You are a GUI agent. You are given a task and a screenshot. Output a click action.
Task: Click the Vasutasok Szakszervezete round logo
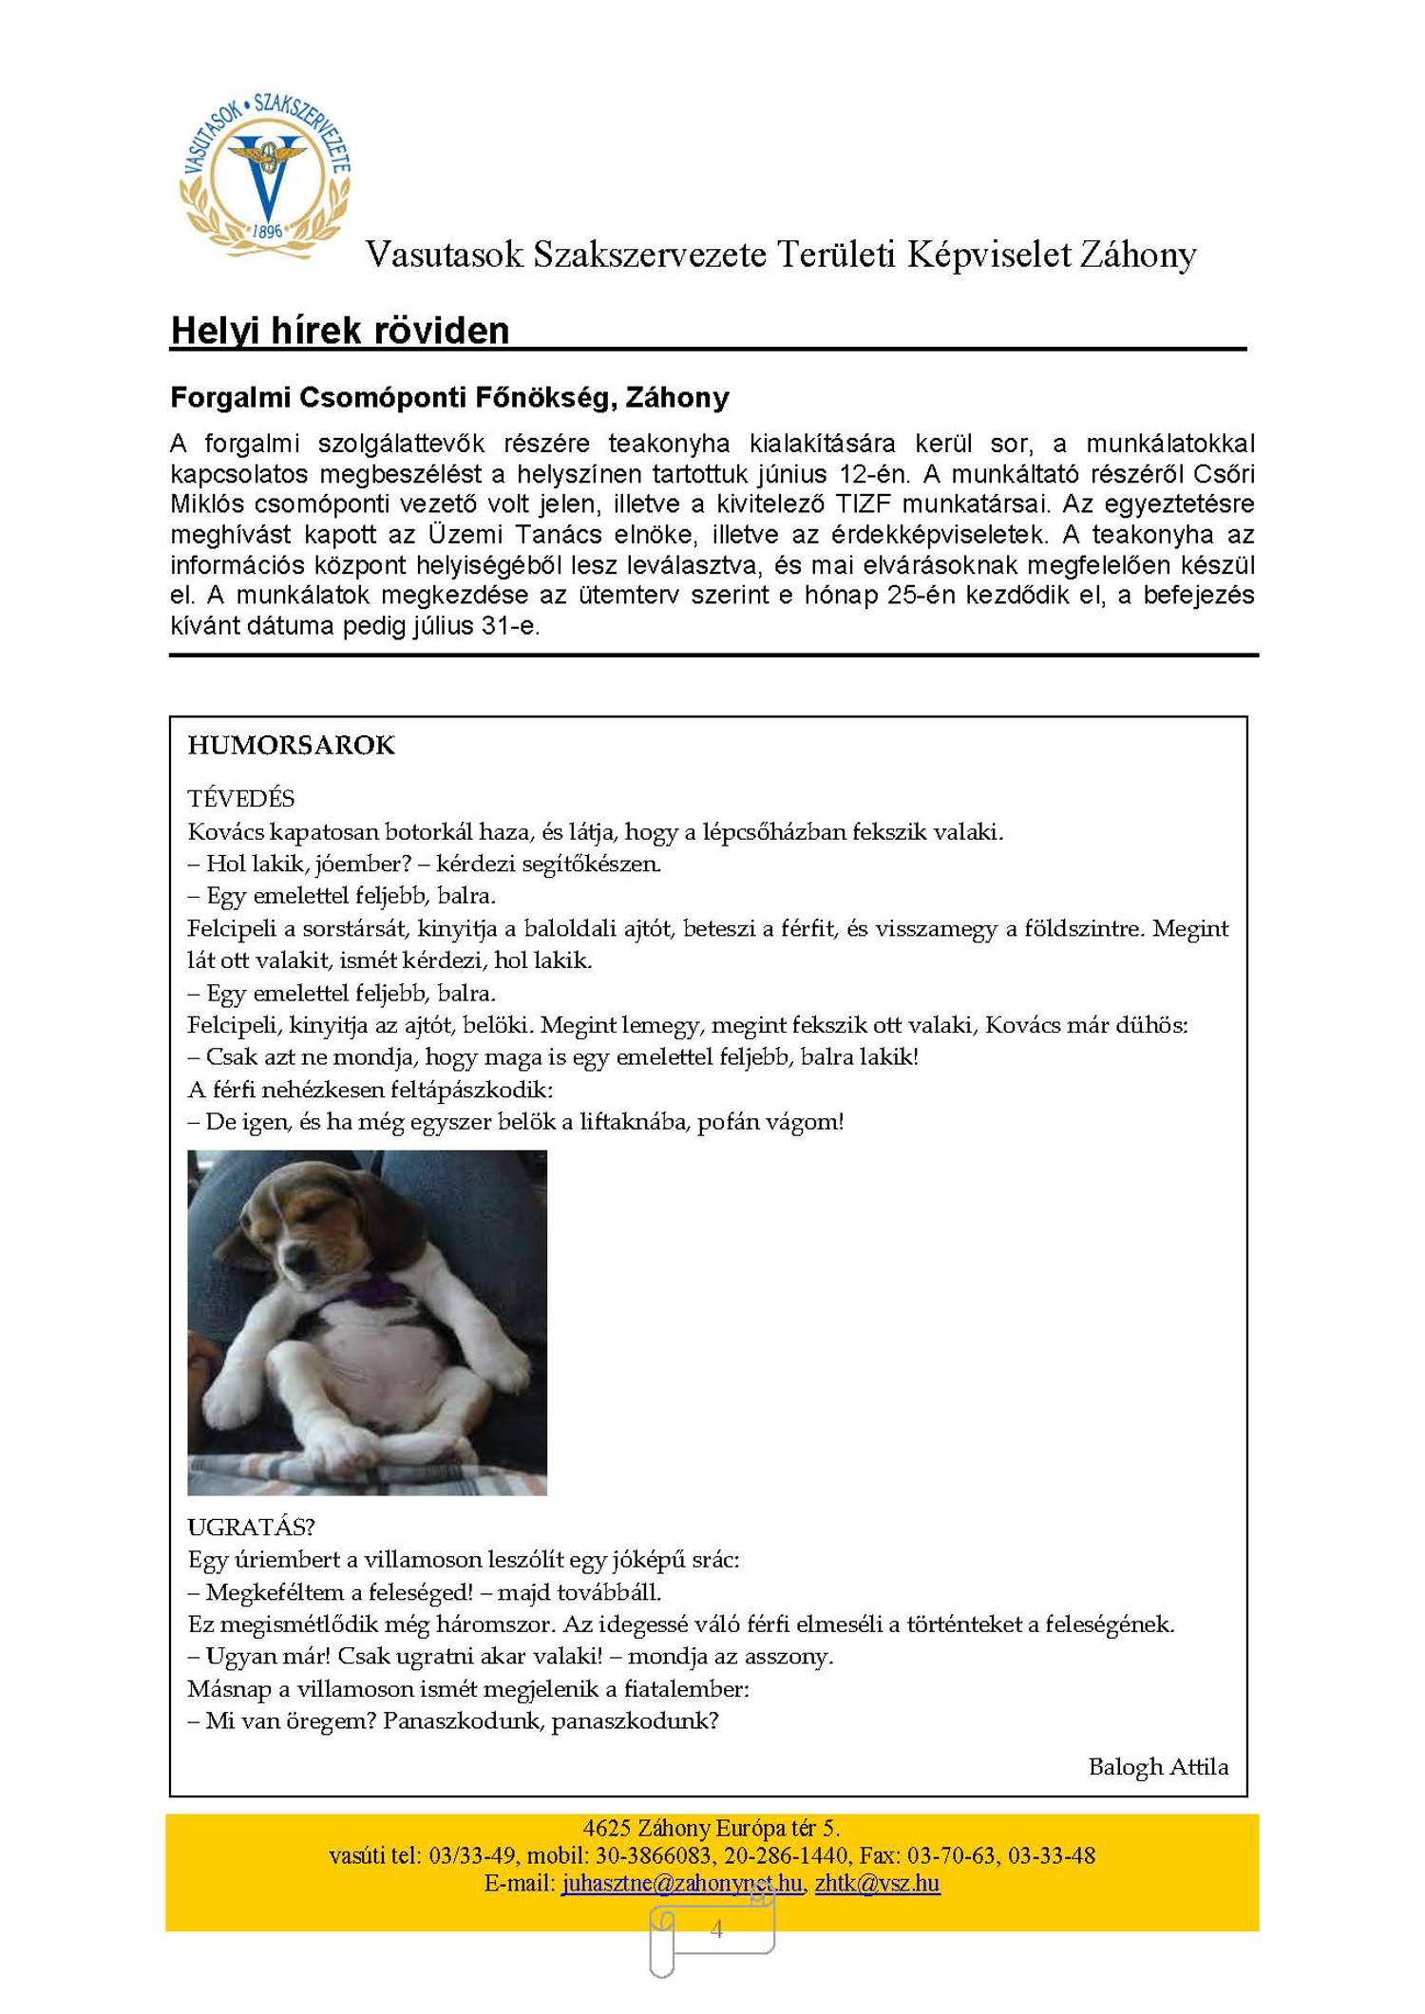pos(266,176)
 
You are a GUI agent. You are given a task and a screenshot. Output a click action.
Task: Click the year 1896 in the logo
pos(268,231)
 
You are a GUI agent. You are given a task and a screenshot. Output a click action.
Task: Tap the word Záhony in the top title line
pos(1137,255)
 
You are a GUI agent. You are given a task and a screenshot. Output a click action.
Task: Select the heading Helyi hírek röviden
pos(340,331)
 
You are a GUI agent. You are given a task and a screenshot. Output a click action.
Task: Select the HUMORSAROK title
pos(291,745)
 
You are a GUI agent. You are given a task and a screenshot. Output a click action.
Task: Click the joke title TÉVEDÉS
pos(241,798)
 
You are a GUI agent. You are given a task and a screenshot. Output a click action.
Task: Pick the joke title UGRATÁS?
pos(251,1527)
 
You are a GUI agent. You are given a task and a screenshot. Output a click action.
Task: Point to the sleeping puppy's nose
pos(302,1269)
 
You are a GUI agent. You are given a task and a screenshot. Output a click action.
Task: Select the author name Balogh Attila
pos(1158,1766)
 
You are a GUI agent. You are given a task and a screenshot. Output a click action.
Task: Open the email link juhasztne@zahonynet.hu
pos(681,1883)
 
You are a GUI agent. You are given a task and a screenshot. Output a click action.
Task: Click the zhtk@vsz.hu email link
pos(877,1883)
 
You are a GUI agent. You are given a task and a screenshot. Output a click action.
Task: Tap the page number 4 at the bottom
pos(716,1928)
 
